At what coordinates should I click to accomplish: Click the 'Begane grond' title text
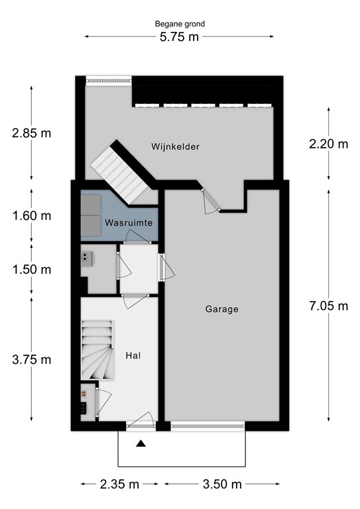click(180, 24)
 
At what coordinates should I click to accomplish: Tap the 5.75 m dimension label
click(180, 37)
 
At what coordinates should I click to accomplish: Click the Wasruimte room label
click(130, 223)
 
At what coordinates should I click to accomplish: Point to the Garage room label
click(221, 308)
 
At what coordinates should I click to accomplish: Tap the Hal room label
click(133, 355)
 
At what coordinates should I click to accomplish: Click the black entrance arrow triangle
click(141, 444)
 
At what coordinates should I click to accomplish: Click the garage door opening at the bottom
click(207, 425)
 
